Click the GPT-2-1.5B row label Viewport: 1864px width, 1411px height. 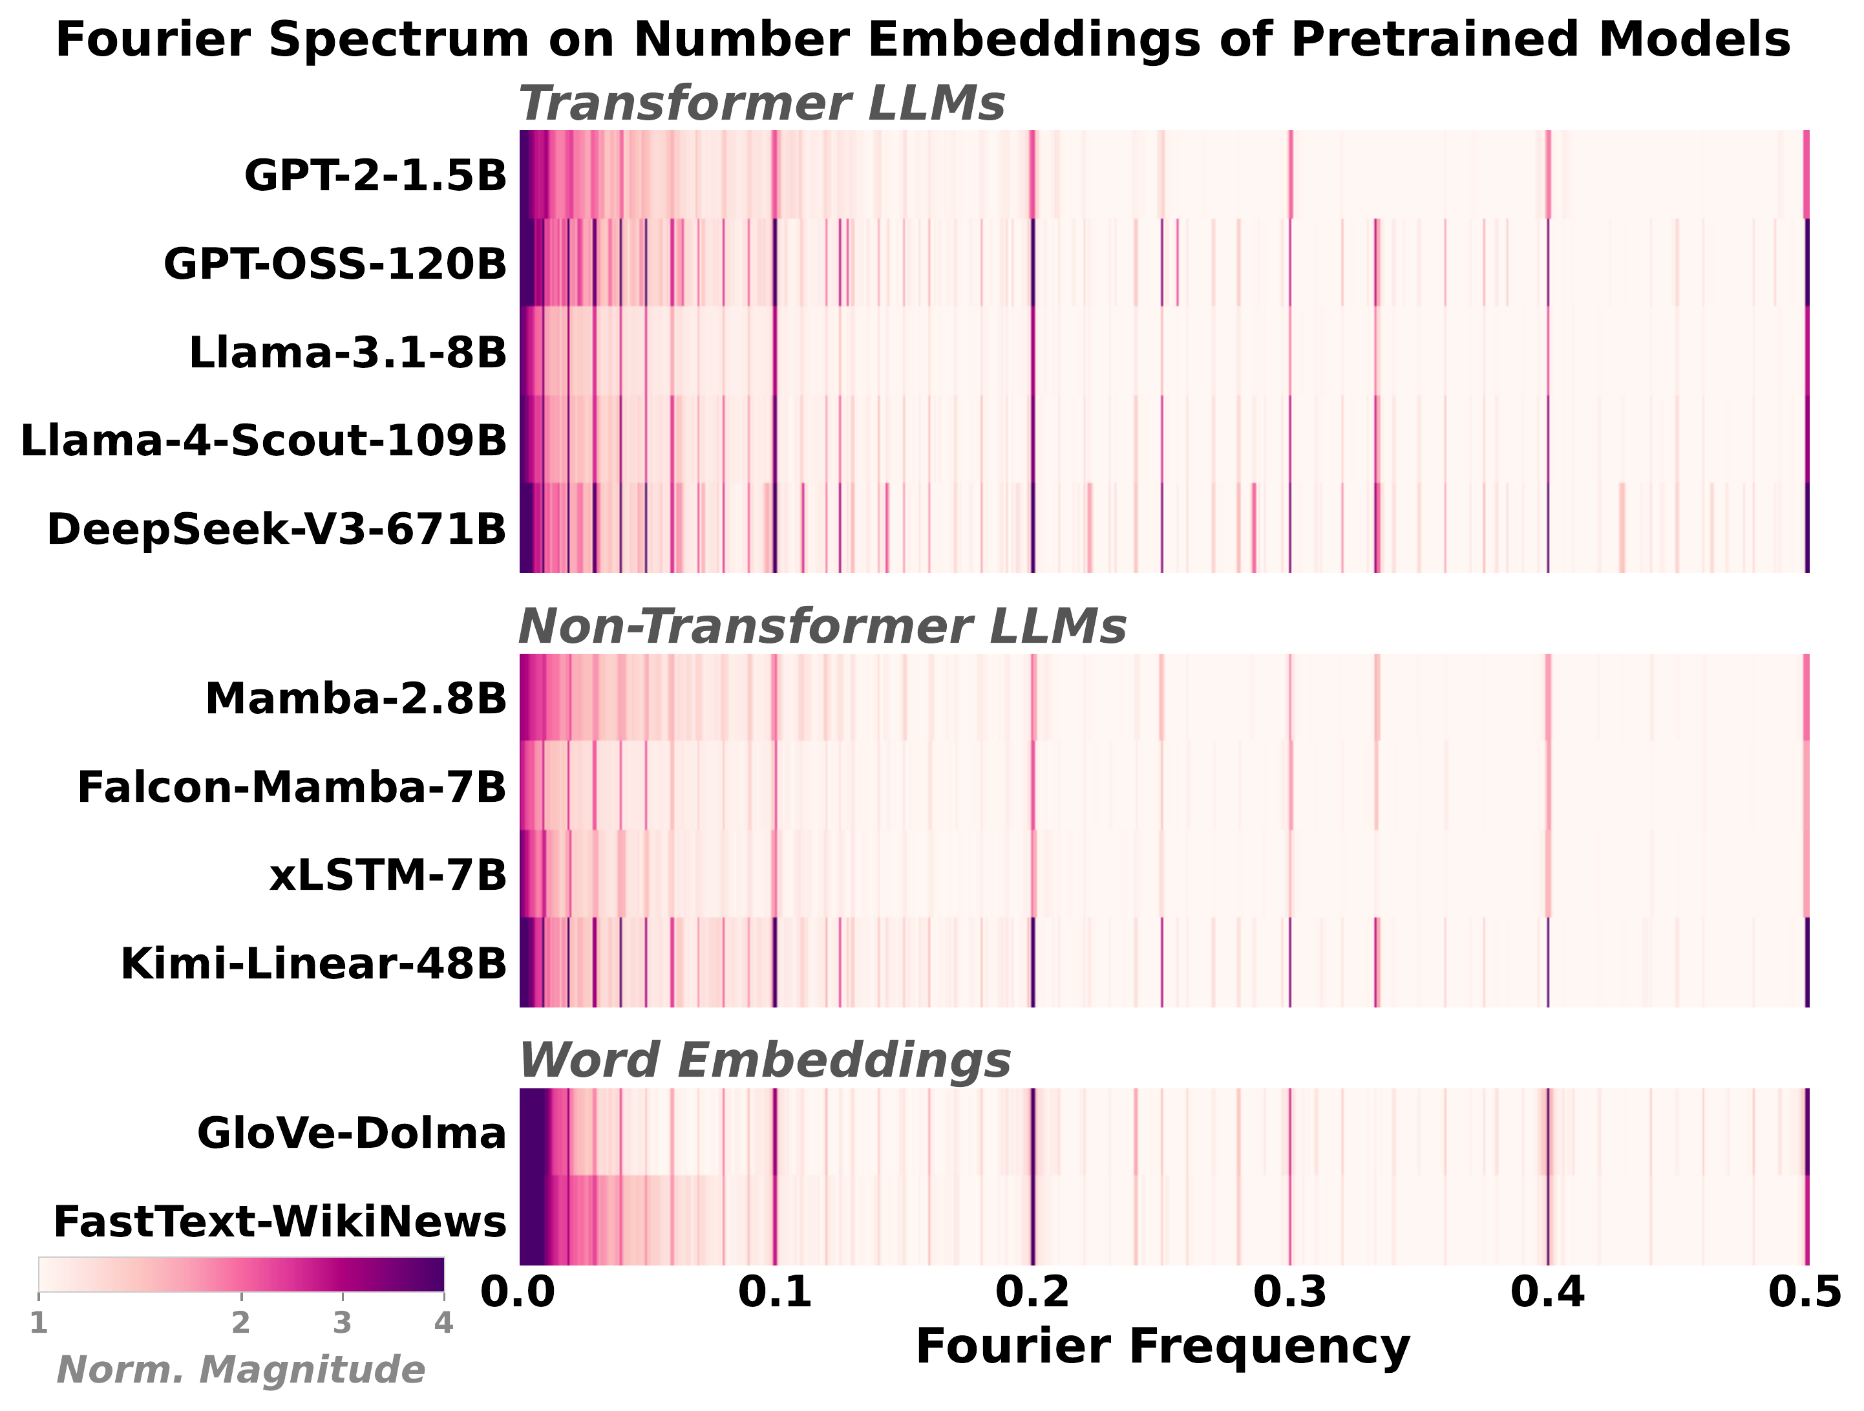[x=375, y=175]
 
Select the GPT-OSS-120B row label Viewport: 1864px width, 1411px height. [x=335, y=264]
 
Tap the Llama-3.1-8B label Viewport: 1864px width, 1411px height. [x=347, y=352]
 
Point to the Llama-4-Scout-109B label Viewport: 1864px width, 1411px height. [x=263, y=441]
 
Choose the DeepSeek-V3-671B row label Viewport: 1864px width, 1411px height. [x=277, y=530]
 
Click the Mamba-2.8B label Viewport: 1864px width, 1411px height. [x=355, y=699]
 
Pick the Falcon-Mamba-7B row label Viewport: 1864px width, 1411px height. [x=291, y=787]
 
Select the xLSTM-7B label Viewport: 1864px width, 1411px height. [x=388, y=876]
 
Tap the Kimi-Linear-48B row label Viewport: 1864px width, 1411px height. [x=313, y=964]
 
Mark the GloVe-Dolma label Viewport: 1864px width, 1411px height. [x=352, y=1133]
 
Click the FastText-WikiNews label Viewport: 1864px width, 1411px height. [x=280, y=1222]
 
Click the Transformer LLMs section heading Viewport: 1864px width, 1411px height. [x=761, y=103]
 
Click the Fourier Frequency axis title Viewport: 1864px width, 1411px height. [x=1162, y=1346]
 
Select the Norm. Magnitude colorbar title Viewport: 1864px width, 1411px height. [x=240, y=1370]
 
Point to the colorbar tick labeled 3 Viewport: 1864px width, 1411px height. [x=341, y=1323]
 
